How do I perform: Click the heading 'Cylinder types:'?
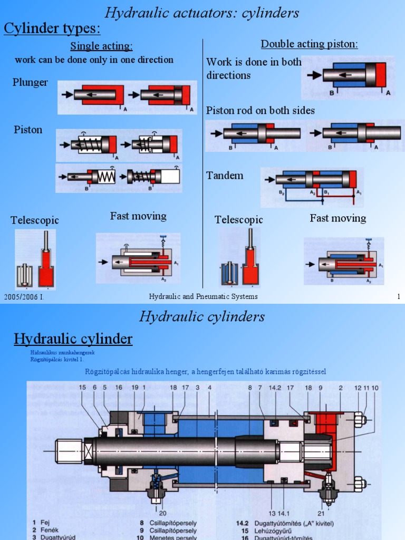(52, 28)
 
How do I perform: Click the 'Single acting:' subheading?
(101, 46)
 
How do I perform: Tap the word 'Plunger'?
(30, 82)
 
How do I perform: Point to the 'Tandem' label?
(225, 176)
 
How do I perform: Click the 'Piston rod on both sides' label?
(260, 110)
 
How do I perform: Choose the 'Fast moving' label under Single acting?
(138, 216)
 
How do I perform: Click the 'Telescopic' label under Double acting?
(238, 220)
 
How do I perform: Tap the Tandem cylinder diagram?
(312, 187)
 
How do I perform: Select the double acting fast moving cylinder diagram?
(344, 262)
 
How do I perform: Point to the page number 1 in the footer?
(399, 297)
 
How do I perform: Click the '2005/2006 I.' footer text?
(23, 297)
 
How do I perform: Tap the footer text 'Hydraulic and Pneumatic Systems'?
(203, 297)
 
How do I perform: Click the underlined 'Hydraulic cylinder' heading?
(73, 339)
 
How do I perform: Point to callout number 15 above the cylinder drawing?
(82, 388)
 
